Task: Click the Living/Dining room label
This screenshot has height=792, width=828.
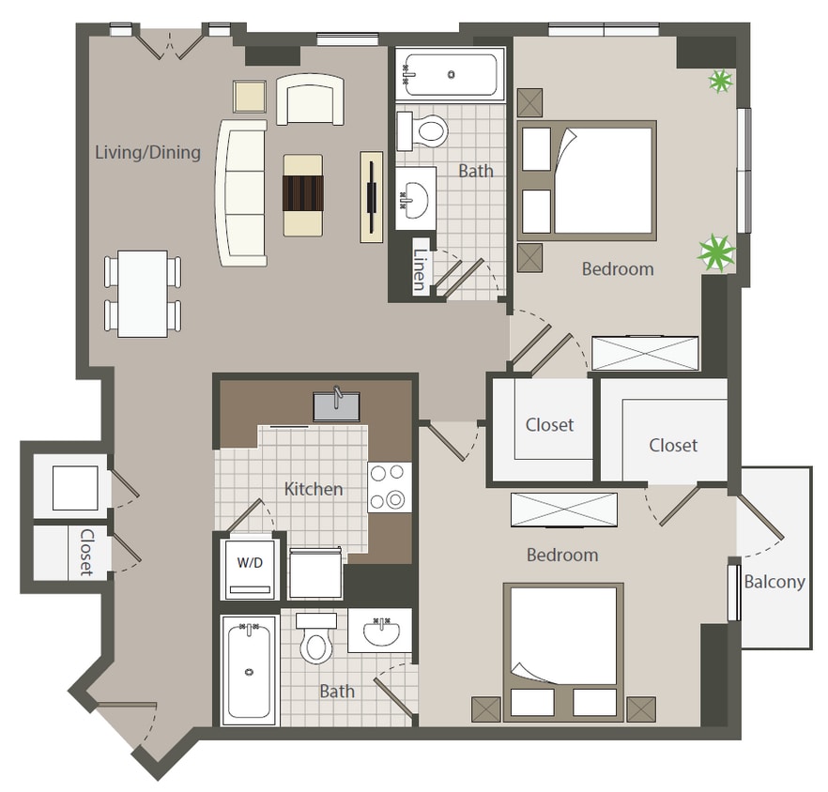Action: pyautogui.click(x=147, y=152)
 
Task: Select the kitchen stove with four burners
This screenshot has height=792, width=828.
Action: pyautogui.click(x=391, y=487)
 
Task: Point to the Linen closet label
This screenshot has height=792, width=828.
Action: pyautogui.click(x=420, y=271)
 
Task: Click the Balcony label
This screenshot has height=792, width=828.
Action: pyautogui.click(x=774, y=582)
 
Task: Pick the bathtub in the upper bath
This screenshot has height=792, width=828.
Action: pyautogui.click(x=450, y=74)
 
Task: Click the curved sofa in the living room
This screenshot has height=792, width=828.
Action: pyautogui.click(x=241, y=192)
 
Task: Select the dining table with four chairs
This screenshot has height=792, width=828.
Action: pyautogui.click(x=143, y=293)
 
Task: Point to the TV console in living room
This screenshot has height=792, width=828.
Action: pyautogui.click(x=372, y=197)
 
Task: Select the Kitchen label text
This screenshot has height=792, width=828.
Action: pyautogui.click(x=314, y=489)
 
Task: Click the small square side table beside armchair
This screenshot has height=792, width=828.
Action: pyautogui.click(x=251, y=97)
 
